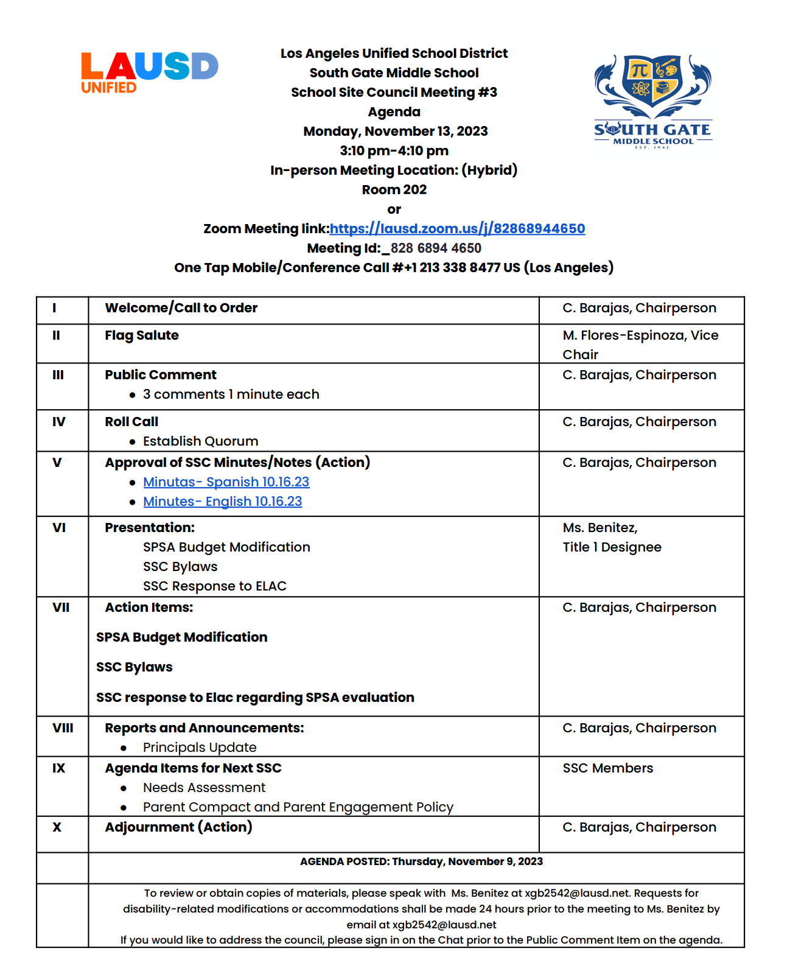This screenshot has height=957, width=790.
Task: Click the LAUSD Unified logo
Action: point(149,72)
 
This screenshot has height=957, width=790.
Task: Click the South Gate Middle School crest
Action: point(652,100)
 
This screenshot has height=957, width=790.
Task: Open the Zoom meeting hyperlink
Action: point(457,229)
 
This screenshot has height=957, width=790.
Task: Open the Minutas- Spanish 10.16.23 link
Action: point(226,482)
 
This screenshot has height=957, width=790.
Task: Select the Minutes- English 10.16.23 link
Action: point(222,502)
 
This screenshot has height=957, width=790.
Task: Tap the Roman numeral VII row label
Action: point(61,608)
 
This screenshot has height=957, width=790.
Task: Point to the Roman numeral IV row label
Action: point(58,422)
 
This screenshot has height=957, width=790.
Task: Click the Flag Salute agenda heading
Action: point(142,335)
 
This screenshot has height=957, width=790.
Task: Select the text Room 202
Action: point(394,190)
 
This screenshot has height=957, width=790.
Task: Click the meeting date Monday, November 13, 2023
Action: point(395,131)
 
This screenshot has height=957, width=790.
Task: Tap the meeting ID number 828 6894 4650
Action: point(436,248)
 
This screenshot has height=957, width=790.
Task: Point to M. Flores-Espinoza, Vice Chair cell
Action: point(640,345)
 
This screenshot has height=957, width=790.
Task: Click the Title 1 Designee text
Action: point(612,547)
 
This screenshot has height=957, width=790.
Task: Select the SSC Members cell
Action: point(607,768)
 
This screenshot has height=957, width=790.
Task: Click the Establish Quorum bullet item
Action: point(200,441)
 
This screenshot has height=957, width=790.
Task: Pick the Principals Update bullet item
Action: point(200,748)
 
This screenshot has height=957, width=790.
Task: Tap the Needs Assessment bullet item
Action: point(204,788)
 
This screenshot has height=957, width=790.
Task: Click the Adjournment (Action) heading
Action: point(178,827)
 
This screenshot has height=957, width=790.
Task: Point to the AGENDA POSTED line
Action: point(421,861)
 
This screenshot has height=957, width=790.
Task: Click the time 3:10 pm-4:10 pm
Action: point(394,151)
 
